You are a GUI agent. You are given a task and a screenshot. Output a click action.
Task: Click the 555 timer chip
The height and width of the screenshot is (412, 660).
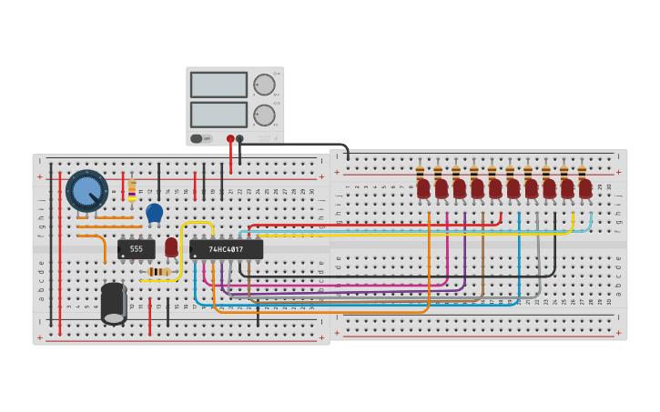pyautogui.click(x=136, y=248)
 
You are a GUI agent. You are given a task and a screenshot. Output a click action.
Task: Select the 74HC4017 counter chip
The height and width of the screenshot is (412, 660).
pyautogui.click(x=227, y=249)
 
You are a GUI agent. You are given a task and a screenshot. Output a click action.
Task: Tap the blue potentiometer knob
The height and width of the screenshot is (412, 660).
pyautogui.click(x=86, y=190)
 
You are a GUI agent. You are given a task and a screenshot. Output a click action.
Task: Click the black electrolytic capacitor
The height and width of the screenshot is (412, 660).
pyautogui.click(x=114, y=303)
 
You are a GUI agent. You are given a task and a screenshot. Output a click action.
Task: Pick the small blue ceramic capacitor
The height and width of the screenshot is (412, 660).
pyautogui.click(x=154, y=213)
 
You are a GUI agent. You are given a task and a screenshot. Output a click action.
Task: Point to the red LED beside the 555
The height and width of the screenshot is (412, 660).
pyautogui.click(x=171, y=246)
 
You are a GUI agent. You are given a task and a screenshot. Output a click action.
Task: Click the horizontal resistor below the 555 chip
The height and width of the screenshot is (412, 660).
pyautogui.click(x=158, y=272)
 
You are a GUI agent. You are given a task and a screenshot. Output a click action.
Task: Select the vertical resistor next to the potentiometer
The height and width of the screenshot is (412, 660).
pyautogui.click(x=132, y=190)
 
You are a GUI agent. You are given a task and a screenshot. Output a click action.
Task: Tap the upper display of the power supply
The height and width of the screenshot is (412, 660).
pyautogui.click(x=218, y=85)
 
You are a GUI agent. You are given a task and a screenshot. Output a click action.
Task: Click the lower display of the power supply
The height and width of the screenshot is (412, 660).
pyautogui.click(x=218, y=115)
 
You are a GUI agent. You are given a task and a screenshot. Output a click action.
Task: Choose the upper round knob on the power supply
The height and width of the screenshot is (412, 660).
pyautogui.click(x=264, y=85)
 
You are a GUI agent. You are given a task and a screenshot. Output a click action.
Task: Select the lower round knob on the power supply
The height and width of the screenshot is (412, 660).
pyautogui.click(x=264, y=115)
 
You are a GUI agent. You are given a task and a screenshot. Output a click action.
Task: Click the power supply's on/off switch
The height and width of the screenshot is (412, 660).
pyautogui.click(x=196, y=139)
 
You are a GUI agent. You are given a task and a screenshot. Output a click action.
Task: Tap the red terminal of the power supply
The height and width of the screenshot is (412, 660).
pyautogui.click(x=230, y=139)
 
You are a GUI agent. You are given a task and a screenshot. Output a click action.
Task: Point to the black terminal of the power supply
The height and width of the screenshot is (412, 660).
pyautogui.click(x=240, y=139)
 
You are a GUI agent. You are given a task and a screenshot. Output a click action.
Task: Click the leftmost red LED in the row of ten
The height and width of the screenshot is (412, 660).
pyautogui.click(x=423, y=188)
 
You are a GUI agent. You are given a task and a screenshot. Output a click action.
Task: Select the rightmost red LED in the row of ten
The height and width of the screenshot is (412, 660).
pyautogui.click(x=585, y=188)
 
